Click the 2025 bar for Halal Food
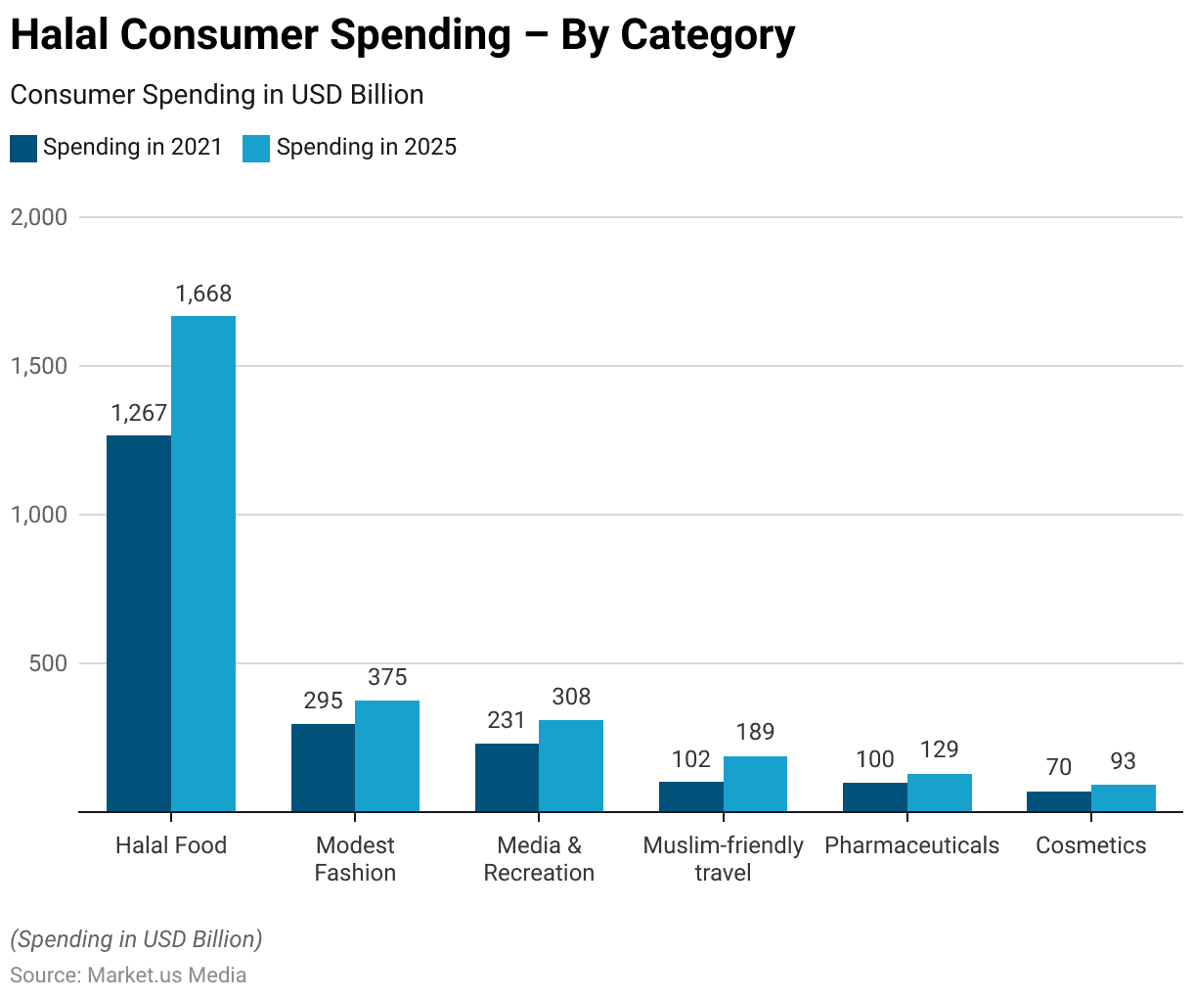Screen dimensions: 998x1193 click(203, 564)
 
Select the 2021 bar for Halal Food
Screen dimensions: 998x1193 click(139, 623)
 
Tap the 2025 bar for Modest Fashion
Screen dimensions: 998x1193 click(387, 755)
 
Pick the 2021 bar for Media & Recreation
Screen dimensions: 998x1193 click(507, 777)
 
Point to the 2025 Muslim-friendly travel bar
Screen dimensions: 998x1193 click(755, 784)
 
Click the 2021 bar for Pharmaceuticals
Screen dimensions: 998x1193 click(875, 796)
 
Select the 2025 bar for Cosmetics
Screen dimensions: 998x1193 click(1124, 797)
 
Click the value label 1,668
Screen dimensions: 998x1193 click(203, 294)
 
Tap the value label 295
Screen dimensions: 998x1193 click(324, 701)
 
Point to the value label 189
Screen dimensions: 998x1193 click(755, 732)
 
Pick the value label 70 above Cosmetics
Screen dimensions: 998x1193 click(1059, 767)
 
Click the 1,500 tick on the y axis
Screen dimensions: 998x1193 click(39, 366)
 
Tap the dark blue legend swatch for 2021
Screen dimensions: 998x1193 click(23, 148)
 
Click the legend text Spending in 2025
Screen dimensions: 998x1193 click(367, 147)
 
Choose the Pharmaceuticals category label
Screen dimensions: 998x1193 click(912, 845)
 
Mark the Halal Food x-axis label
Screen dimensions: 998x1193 click(171, 845)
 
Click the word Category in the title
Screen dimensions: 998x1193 click(708, 35)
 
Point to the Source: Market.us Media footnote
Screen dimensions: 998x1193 click(128, 975)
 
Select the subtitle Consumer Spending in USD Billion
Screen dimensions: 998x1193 click(217, 95)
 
